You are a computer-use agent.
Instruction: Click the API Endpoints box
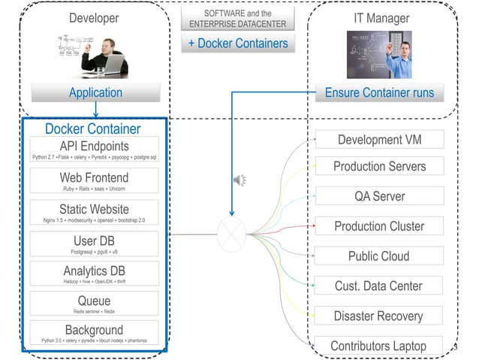[94, 150]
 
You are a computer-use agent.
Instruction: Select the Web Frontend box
[94, 181]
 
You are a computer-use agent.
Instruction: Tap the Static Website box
[94, 213]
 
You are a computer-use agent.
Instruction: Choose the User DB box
[94, 244]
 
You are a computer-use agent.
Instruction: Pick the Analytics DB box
[94, 274]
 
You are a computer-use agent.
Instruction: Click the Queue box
[94, 304]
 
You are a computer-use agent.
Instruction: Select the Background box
[94, 334]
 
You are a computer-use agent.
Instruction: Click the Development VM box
[379, 141]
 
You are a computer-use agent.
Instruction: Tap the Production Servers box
[379, 166]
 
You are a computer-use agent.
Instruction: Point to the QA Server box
[379, 196]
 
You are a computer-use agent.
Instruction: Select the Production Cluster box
[379, 226]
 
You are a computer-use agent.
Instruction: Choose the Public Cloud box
[379, 256]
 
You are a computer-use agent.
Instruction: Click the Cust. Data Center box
[379, 286]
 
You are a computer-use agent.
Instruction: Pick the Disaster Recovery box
[379, 316]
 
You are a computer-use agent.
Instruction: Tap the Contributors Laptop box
[379, 346]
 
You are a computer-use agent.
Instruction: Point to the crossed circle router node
[231, 232]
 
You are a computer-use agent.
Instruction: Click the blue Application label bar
[95, 93]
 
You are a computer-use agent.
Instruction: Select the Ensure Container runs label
[379, 93]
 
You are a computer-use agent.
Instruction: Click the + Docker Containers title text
[238, 43]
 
